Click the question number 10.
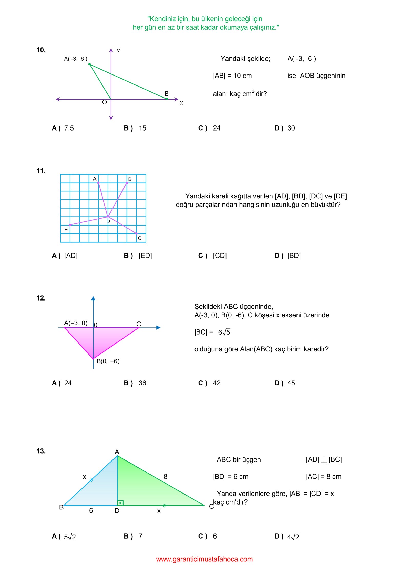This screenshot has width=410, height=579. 41,50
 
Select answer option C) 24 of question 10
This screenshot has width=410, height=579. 209,128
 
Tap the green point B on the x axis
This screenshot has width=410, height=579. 167,99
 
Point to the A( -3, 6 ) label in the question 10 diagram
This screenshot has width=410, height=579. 76,59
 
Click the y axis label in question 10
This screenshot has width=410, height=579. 118,50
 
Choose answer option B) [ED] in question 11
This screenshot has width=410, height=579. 138,256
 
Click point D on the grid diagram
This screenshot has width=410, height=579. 108,217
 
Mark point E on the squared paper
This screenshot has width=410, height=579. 70,225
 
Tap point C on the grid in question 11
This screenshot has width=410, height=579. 137,234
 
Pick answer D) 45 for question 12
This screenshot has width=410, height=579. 285,383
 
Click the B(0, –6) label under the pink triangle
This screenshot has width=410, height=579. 108,361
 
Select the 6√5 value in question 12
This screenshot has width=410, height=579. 224,332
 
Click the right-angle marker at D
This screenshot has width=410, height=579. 120,503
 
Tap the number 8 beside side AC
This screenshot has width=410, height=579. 166,477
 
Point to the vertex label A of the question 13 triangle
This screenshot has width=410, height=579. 117,452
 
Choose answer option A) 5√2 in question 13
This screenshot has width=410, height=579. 64,536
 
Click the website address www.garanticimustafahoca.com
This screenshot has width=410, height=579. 204,559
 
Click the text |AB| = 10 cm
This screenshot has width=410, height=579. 232,76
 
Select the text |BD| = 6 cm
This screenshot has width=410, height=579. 231,477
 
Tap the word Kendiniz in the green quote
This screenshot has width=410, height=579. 162,19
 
